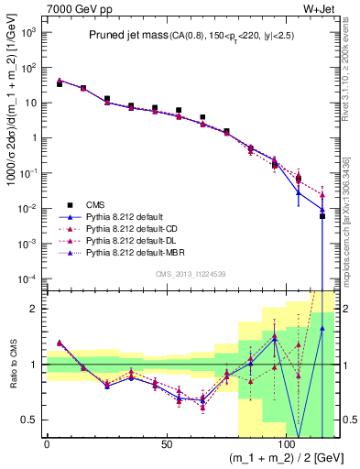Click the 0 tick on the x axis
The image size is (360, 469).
coord(47,445)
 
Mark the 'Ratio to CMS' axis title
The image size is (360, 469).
coord(12,365)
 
